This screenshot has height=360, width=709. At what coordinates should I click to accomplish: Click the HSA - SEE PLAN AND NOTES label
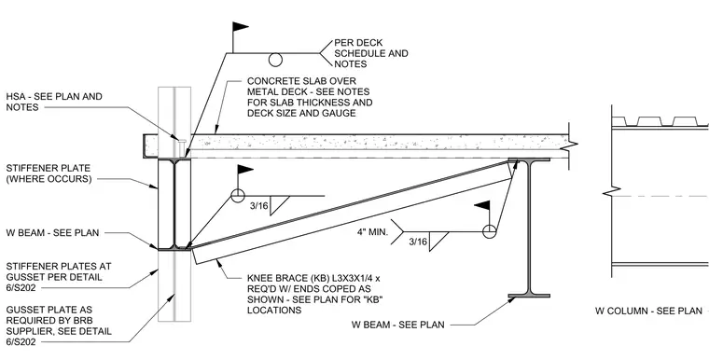click(x=54, y=102)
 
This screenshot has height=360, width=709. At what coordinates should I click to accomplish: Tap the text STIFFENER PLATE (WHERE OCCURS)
click(x=49, y=173)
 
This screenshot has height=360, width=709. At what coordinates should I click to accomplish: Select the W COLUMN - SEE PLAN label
click(x=648, y=311)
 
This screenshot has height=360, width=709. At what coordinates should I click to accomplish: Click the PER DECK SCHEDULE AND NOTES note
click(x=371, y=53)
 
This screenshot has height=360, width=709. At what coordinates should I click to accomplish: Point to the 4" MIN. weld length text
click(x=372, y=232)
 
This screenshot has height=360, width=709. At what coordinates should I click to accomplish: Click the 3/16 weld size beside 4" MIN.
click(x=418, y=242)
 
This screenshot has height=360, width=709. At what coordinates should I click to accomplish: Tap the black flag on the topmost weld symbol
click(x=241, y=27)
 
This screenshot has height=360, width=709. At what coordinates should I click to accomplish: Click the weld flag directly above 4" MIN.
click(x=481, y=205)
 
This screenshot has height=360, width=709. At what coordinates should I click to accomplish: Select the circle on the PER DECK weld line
click(x=275, y=60)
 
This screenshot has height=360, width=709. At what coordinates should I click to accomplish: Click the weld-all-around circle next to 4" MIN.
click(x=489, y=231)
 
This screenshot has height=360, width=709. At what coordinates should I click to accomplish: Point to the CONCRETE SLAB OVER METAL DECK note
click(x=310, y=97)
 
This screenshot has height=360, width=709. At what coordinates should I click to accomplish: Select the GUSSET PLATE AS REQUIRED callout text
click(x=59, y=325)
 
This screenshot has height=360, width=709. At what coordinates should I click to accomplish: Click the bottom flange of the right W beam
click(x=529, y=296)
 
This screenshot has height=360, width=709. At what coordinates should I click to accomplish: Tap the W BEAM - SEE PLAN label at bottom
click(x=398, y=325)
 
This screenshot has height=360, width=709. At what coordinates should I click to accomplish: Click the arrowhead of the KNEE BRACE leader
click(x=219, y=262)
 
